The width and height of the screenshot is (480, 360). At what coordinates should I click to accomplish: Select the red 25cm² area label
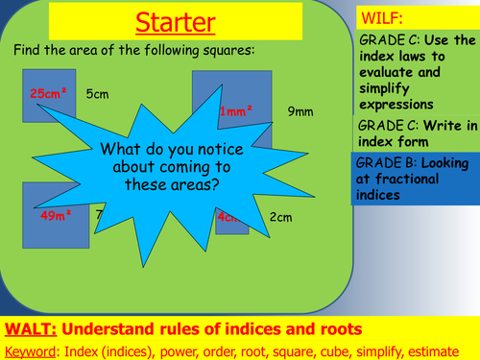pos(49,94)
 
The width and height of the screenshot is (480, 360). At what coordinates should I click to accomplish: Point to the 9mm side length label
pos(300,111)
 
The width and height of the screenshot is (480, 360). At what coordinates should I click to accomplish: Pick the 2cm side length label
pos(280,217)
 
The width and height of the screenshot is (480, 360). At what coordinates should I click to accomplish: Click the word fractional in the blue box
pos(394,179)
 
